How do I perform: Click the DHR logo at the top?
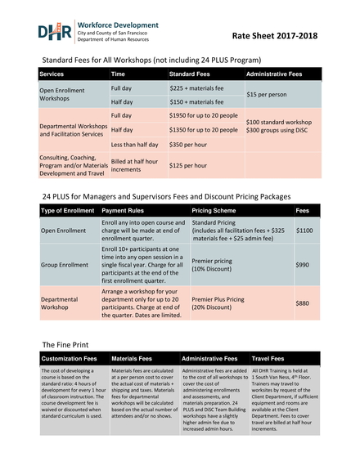click(55, 32)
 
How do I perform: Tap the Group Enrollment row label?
click(65, 266)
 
